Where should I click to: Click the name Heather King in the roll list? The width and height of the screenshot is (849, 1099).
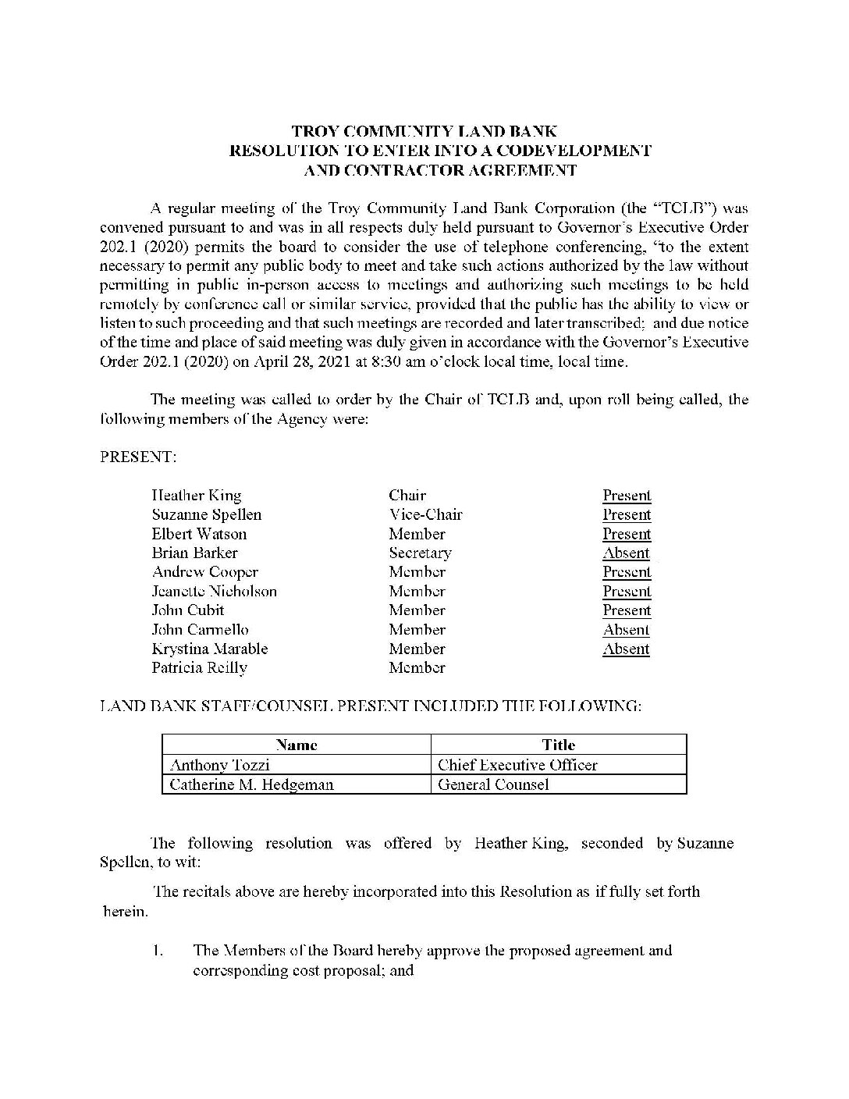point(197,496)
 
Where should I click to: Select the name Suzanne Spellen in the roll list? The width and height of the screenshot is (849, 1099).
point(207,515)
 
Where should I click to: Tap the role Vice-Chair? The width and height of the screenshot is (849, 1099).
point(425,515)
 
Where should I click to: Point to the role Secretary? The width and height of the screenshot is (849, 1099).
point(420,553)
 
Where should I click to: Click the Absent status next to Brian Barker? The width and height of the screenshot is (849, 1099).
point(626,553)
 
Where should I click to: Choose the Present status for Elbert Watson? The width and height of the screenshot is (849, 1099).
point(626,535)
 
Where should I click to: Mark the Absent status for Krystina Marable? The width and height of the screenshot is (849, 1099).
point(626,649)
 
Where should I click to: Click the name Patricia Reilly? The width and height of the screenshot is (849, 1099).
point(200,668)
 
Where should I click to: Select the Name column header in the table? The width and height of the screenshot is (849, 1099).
point(297,745)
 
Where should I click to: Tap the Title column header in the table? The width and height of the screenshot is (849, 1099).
point(559,745)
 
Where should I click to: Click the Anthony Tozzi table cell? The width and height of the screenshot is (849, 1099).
point(220,765)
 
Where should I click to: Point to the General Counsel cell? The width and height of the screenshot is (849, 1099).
point(493,784)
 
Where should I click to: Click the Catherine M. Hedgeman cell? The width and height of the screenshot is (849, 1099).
point(251,784)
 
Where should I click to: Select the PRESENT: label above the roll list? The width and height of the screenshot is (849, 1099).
point(138,457)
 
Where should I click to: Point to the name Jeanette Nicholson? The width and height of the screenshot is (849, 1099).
point(214,592)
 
